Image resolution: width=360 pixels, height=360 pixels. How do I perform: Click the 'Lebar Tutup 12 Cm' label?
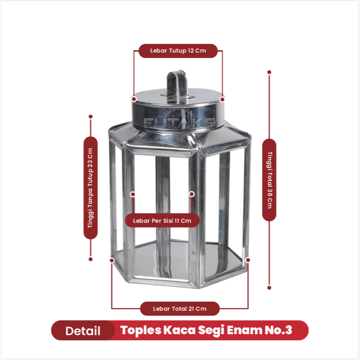pos(178,51)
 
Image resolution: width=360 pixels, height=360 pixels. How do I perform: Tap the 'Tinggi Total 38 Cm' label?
pos(269,180)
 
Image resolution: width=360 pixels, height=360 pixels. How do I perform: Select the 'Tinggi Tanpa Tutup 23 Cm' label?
pos(90,188)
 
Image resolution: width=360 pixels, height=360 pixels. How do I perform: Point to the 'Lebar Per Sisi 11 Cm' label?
pos(162,221)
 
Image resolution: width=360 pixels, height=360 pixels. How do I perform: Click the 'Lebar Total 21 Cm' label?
pos(180,309)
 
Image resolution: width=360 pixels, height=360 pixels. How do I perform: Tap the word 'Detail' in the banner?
pos(83,331)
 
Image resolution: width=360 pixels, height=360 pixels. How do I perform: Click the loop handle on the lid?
pos(177,85)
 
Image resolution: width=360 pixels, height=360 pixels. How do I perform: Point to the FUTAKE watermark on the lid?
pos(179,122)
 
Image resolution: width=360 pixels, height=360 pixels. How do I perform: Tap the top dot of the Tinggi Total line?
pos(269,72)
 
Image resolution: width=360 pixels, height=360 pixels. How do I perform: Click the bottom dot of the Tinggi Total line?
pos(269,288)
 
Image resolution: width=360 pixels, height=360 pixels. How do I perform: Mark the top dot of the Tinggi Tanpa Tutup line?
pos(91,117)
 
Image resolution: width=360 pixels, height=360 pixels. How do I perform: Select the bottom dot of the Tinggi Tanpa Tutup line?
pos(90,259)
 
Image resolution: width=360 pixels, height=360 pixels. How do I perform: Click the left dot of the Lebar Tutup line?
pos(134,99)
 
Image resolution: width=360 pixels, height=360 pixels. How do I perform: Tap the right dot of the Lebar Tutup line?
pos(222,99)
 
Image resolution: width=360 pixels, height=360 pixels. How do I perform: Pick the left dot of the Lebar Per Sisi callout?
pos(133,195)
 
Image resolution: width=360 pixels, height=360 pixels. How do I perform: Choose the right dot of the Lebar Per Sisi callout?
pos(192,194)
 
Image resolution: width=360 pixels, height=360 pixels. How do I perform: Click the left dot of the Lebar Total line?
pos(112,261)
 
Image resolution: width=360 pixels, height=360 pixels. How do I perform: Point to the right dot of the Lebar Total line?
pos(248,260)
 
